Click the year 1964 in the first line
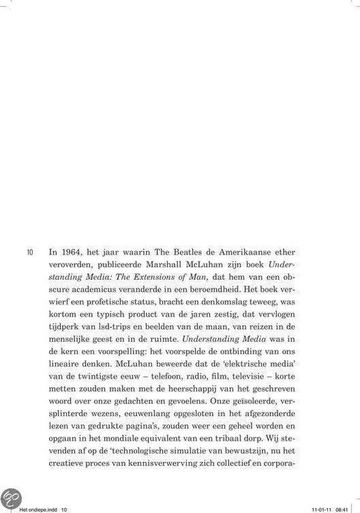[72, 250]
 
